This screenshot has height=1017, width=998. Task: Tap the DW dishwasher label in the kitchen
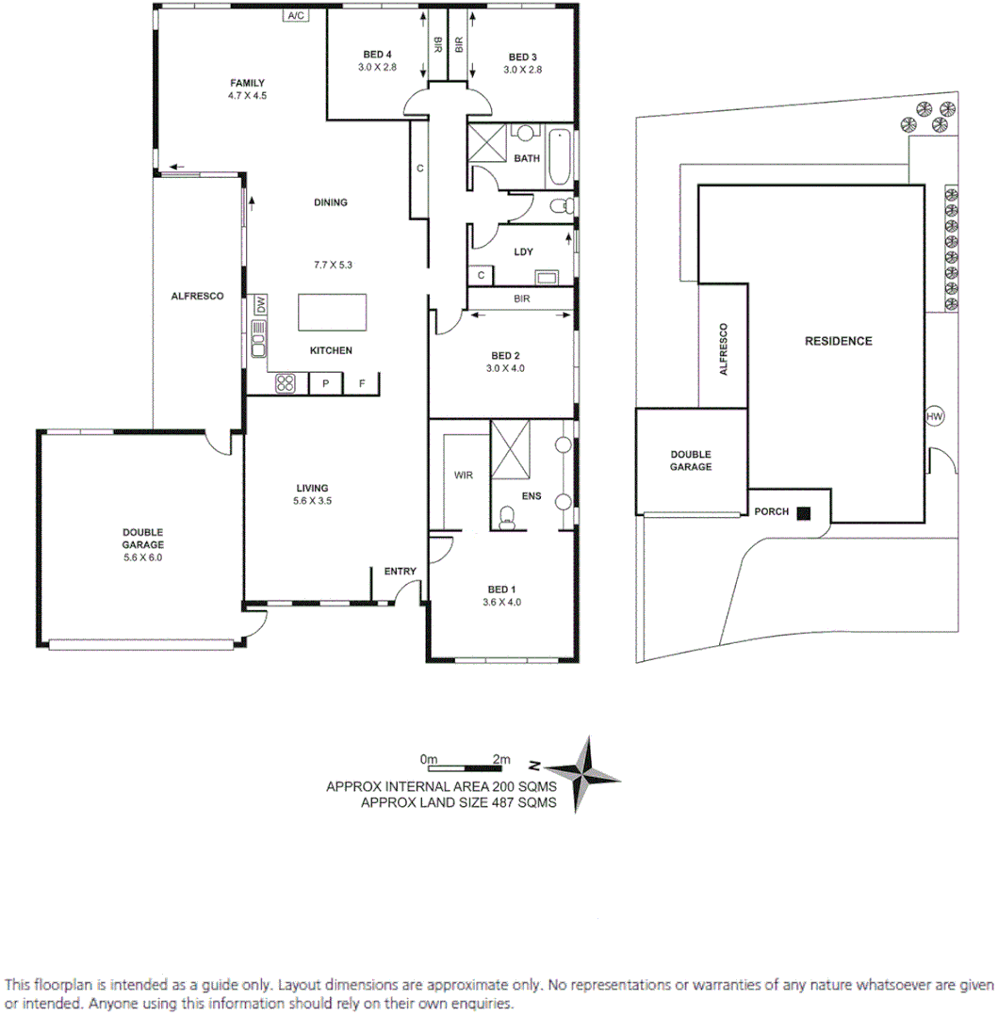(x=259, y=306)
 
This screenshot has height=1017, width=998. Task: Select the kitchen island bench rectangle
(x=333, y=312)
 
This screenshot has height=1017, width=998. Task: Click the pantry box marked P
(x=326, y=383)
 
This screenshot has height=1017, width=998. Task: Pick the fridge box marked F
(x=361, y=383)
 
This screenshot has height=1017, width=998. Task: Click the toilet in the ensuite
(x=508, y=514)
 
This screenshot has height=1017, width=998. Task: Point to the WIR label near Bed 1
(x=463, y=476)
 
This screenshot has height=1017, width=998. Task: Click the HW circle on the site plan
(x=935, y=416)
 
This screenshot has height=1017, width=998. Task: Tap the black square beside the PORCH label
(x=804, y=513)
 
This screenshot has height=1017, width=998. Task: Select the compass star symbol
(x=584, y=774)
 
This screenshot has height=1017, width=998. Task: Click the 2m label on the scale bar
(x=500, y=759)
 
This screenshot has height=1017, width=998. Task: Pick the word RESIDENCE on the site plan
(x=838, y=341)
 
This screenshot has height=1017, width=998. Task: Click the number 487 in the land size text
(x=493, y=803)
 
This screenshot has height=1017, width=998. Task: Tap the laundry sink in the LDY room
(x=545, y=278)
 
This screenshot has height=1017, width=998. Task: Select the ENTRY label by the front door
(x=400, y=572)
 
